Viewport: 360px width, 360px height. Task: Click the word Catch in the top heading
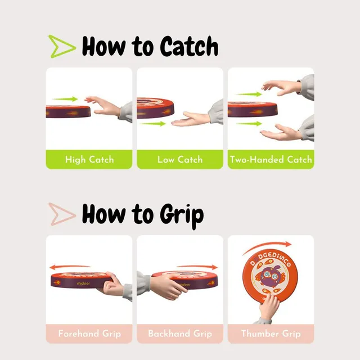tap(189, 46)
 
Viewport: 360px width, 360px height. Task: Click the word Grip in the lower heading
tap(182, 215)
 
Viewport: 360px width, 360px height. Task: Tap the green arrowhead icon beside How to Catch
tap(62, 46)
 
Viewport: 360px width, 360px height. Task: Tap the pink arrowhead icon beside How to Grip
tap(62, 214)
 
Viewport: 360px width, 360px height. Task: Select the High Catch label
tap(89, 160)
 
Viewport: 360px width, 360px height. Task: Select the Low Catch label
tap(180, 160)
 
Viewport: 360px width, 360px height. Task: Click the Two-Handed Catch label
tap(271, 160)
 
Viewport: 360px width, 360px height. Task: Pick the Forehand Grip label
tap(89, 334)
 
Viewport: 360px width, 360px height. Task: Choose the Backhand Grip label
tap(180, 334)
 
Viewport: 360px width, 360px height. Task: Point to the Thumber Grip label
tap(271, 334)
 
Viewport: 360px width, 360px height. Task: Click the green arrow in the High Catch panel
tap(65, 99)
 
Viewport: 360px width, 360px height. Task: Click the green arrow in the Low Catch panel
tap(153, 124)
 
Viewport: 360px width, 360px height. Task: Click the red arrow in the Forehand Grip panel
tap(70, 267)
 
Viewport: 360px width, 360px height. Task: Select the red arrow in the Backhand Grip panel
tap(197, 267)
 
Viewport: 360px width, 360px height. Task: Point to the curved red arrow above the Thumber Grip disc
tap(267, 247)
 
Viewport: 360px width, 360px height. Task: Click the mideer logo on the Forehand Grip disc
tap(83, 283)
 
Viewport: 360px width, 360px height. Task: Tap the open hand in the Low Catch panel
tap(191, 119)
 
